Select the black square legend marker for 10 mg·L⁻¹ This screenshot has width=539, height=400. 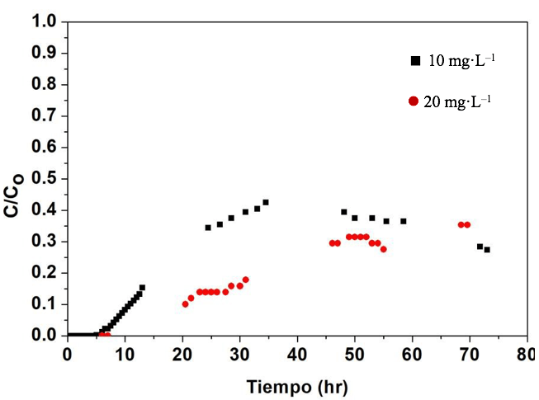click(x=415, y=60)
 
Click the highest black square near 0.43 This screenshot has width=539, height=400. click(x=266, y=202)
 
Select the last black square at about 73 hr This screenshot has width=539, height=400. click(x=487, y=250)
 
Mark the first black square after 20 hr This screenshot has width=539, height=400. click(x=208, y=228)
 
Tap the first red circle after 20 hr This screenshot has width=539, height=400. click(x=185, y=304)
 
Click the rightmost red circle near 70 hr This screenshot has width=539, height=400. click(x=467, y=224)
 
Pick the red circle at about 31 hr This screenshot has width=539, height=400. click(x=245, y=280)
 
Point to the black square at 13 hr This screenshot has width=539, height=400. click(x=142, y=288)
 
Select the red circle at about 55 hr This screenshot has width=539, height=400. click(x=383, y=249)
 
